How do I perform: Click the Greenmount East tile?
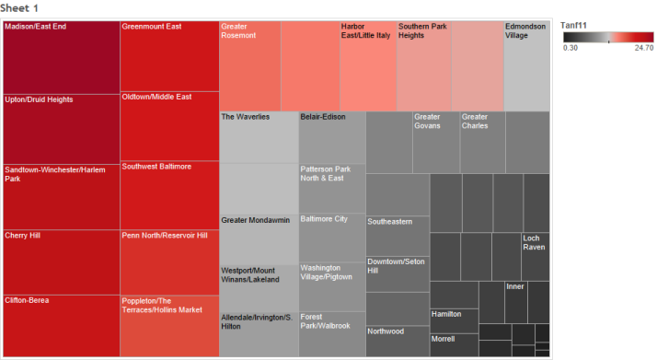169,55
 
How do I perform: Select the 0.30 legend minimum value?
571,48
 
